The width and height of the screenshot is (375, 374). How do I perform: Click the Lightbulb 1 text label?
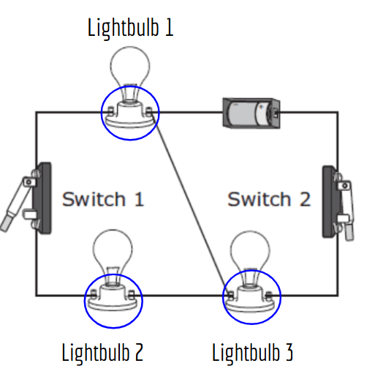point(130,28)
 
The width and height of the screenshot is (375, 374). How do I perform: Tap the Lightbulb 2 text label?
point(102,353)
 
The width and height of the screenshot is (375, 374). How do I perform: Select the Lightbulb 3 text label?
point(252,353)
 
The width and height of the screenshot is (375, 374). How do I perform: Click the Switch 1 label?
point(103,199)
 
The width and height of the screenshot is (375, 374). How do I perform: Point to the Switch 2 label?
point(269,199)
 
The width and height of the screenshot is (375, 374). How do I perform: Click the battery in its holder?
point(251,113)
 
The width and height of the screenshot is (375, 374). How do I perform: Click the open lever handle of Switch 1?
point(15,205)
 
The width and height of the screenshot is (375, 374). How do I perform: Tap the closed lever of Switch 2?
point(347,210)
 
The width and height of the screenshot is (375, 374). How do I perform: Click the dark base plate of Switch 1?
point(45,198)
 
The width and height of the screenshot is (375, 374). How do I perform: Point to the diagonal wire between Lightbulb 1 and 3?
point(190,204)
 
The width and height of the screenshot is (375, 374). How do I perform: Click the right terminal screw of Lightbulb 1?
point(149,111)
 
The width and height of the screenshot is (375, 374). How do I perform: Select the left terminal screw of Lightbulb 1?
point(110,111)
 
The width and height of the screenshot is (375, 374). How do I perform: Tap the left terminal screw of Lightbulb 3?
point(230,296)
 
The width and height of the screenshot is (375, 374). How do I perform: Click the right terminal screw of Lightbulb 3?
point(269,296)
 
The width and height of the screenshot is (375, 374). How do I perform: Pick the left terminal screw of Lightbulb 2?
point(94,294)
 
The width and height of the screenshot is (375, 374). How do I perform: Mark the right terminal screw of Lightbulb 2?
point(132,294)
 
